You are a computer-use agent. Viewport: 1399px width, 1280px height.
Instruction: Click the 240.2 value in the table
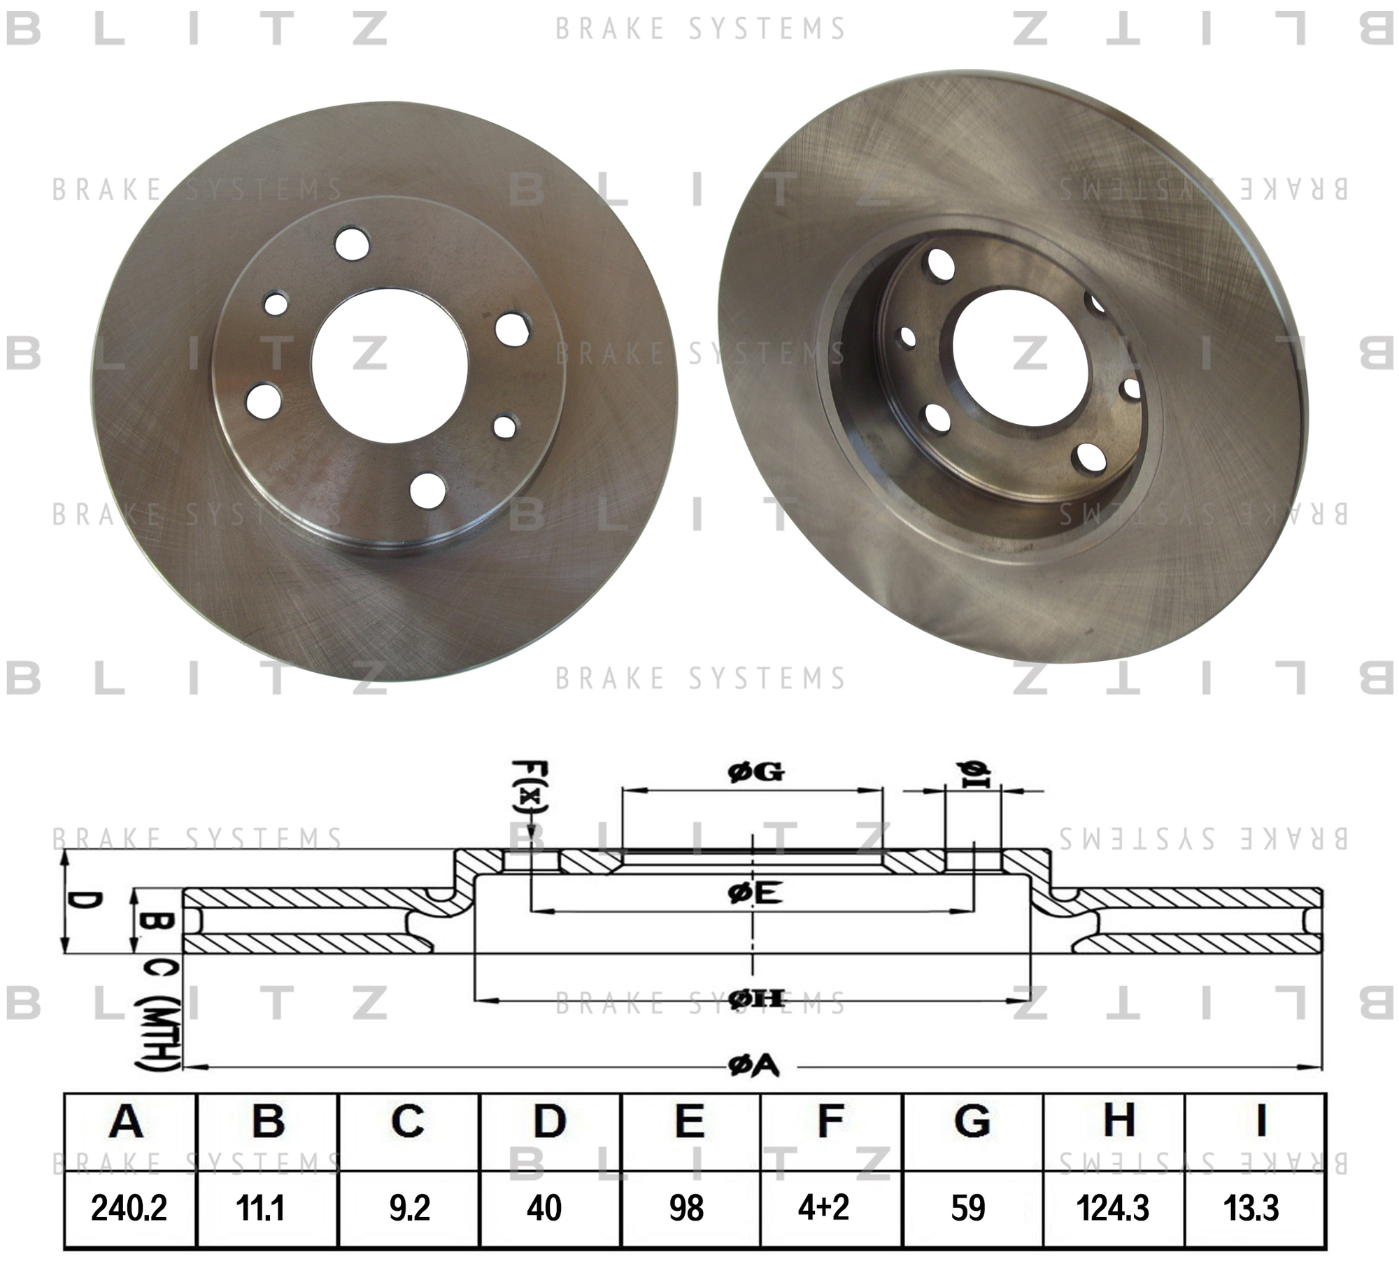tap(129, 1208)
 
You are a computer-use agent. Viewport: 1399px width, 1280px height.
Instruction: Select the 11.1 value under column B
tap(260, 1208)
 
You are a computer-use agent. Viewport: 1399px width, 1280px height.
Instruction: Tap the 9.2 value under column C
tap(409, 1208)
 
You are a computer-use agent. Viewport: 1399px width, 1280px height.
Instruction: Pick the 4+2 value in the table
tap(823, 1208)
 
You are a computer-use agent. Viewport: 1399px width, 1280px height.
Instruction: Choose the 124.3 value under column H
tap(1112, 1208)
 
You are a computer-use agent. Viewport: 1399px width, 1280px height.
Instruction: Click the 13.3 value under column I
tap(1251, 1208)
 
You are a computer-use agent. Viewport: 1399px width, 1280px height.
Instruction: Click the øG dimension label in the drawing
tap(756, 772)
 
